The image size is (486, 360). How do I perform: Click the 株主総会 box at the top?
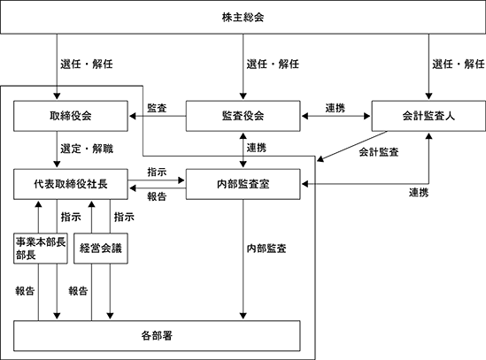click(243, 17)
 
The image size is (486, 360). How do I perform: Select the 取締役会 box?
click(71, 116)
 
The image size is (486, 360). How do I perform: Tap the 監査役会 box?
click(243, 116)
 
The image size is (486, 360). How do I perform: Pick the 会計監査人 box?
click(428, 116)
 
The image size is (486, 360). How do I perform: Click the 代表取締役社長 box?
click(71, 184)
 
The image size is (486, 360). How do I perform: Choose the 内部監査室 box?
click(243, 184)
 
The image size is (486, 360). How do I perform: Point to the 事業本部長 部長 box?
click(41, 249)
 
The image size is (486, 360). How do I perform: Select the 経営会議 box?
click(101, 249)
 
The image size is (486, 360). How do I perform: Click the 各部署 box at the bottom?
click(157, 336)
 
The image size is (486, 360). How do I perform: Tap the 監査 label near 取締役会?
click(157, 108)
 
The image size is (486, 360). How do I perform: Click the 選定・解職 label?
click(87, 149)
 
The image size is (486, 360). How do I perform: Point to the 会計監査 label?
click(379, 152)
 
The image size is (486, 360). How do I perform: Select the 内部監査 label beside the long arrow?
click(266, 249)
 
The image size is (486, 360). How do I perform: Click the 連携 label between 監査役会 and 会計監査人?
click(336, 108)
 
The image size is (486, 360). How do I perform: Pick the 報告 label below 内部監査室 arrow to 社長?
click(157, 196)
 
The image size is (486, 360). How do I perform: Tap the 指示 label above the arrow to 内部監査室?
click(157, 172)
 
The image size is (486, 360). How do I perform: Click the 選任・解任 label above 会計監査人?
click(459, 65)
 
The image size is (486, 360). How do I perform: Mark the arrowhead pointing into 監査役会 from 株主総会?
click(243, 96)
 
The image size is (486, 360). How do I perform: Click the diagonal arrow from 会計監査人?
click(352, 146)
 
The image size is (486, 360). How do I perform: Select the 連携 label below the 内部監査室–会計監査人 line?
click(419, 193)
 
